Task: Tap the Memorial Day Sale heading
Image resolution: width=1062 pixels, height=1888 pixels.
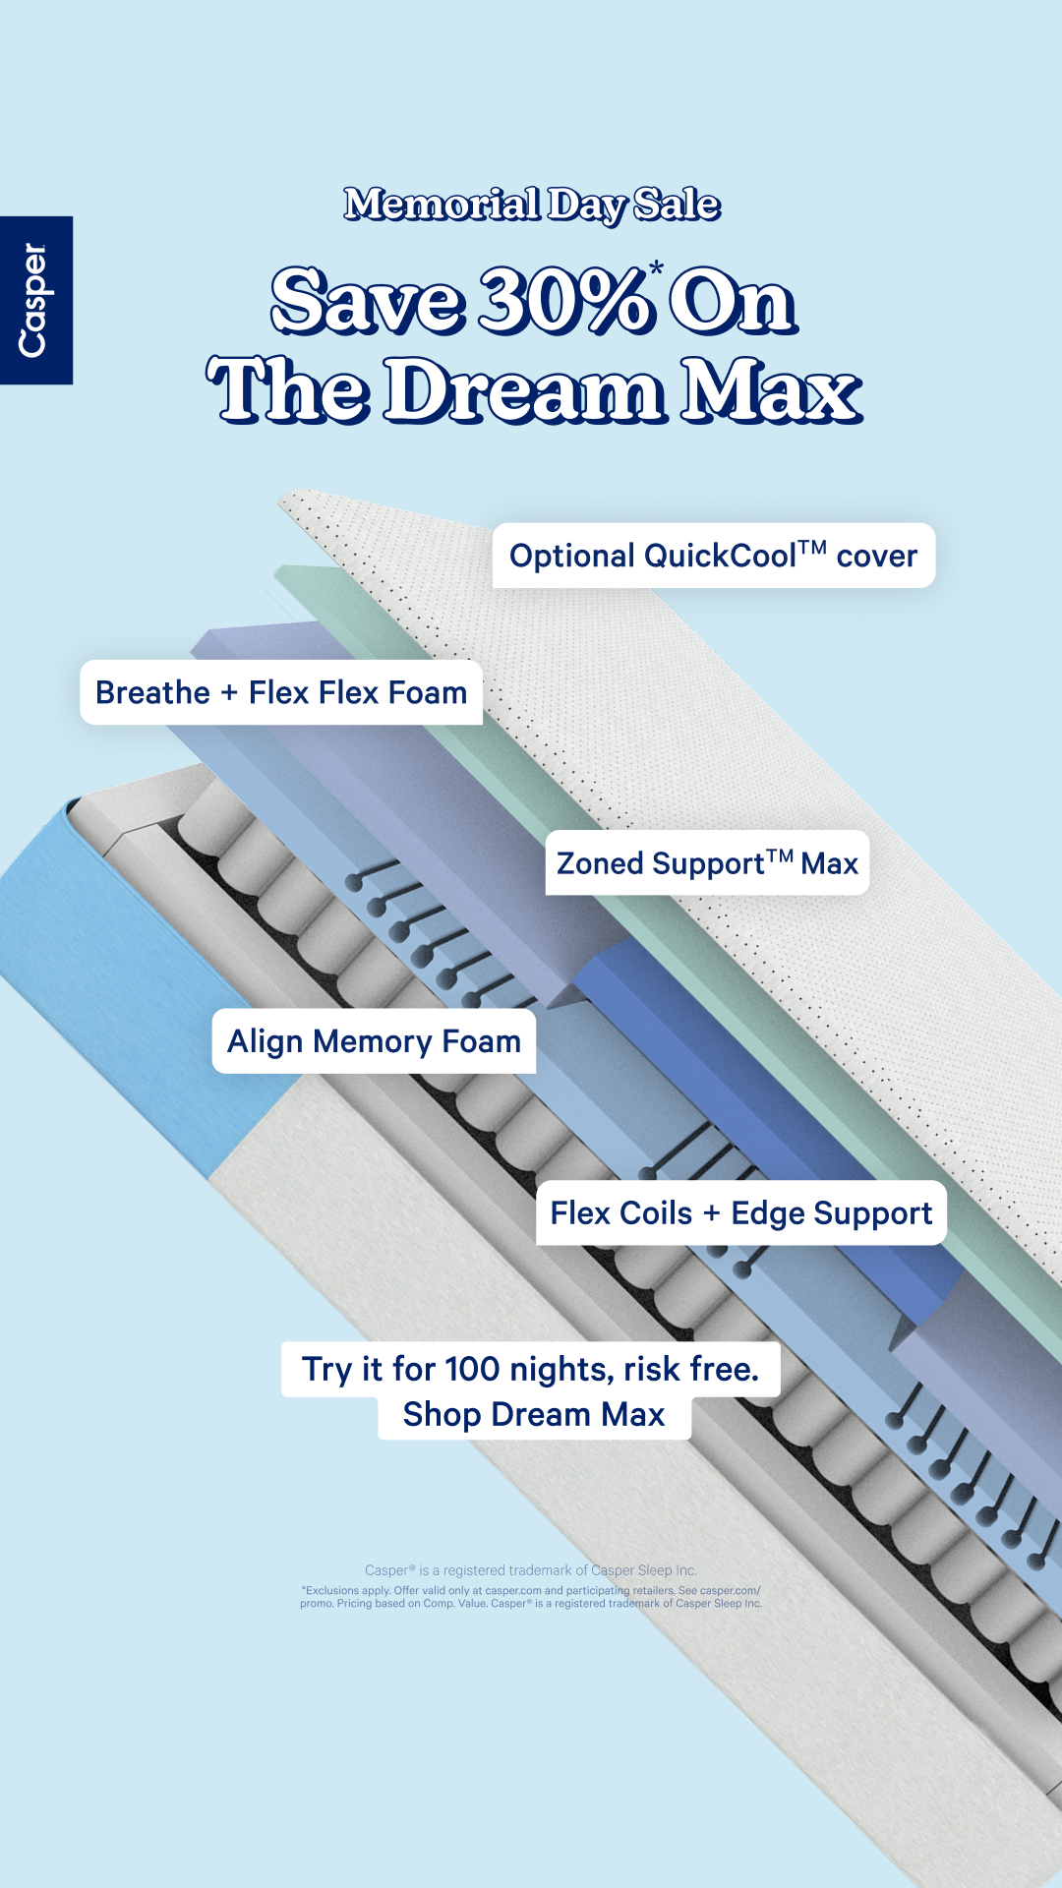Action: (532, 205)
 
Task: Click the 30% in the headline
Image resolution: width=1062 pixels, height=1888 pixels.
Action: (566, 300)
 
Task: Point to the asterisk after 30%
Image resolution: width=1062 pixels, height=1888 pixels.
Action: (656, 267)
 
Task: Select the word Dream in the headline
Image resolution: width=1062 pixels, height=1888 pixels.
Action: (524, 389)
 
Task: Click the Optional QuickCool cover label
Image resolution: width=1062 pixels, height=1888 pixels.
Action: (713, 556)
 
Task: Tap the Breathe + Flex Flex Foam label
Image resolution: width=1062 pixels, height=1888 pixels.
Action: (281, 692)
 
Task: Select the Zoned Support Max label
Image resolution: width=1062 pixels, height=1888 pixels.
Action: (707, 863)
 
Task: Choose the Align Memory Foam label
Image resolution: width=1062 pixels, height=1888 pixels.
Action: (374, 1040)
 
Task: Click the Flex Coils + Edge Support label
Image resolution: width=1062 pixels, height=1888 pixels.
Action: (741, 1212)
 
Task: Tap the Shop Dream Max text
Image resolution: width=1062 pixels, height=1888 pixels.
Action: (534, 1414)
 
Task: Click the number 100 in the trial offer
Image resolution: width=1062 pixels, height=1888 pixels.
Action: (472, 1369)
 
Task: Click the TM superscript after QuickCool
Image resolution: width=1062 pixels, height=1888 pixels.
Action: (812, 547)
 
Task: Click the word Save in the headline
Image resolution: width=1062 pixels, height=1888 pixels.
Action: (367, 300)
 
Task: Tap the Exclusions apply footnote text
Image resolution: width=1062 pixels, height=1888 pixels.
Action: (531, 1596)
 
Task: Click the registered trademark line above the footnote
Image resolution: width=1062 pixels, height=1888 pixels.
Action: (531, 1570)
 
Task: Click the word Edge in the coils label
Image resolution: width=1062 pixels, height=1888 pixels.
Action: (769, 1213)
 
